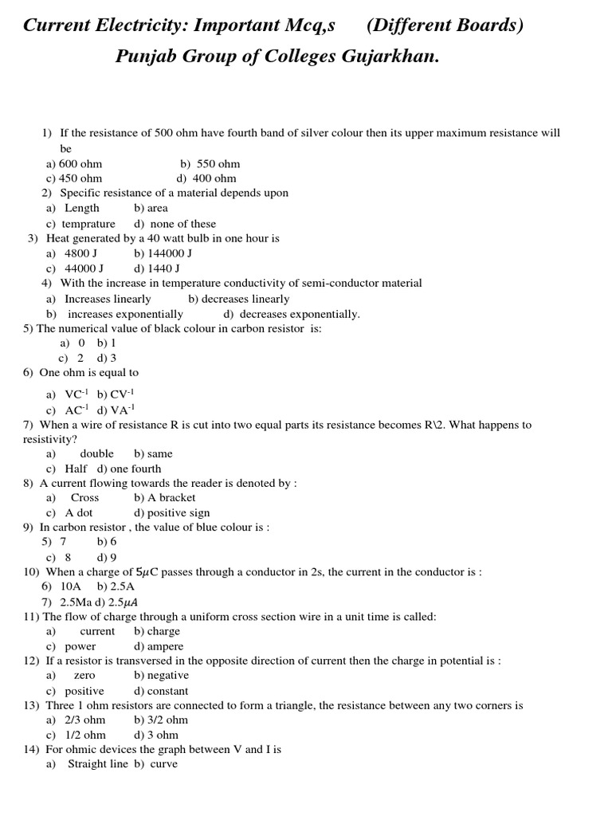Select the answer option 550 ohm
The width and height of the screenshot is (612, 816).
point(218,163)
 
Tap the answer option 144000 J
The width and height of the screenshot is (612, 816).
point(168,253)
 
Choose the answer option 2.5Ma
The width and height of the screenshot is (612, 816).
point(76,602)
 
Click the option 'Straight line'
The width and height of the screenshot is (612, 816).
point(97,764)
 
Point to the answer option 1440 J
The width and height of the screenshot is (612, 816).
point(163,269)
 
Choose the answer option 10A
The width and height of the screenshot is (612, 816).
point(71,587)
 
